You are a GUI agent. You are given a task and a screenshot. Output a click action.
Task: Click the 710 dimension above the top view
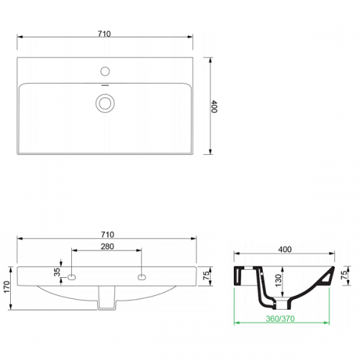point(104,34)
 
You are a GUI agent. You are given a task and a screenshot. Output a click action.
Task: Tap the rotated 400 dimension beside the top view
point(214,107)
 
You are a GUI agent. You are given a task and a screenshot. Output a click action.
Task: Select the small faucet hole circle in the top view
point(105,71)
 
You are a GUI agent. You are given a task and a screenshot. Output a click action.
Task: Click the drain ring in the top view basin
point(105,103)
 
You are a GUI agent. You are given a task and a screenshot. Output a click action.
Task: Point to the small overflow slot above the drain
point(105,85)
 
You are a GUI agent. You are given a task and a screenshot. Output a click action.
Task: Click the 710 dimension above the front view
point(107,235)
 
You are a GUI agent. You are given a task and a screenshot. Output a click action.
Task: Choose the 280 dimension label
point(107,246)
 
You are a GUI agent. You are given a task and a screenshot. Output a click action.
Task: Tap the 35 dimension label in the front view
point(57,272)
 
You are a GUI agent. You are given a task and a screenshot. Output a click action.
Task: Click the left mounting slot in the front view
point(72,277)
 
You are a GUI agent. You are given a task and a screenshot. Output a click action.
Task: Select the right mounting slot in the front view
point(142,277)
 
